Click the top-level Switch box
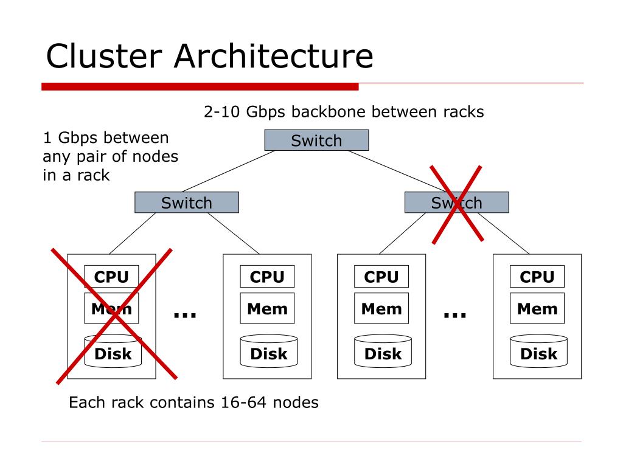[316, 140]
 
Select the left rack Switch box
[187, 202]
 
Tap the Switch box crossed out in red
[456, 202]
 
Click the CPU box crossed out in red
[111, 277]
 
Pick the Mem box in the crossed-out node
[111, 308]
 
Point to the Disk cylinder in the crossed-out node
[113, 351]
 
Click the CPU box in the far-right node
[537, 277]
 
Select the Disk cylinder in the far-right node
[539, 351]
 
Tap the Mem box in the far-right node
[537, 308]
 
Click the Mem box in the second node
[268, 308]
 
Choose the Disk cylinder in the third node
[383, 351]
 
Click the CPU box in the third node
[381, 277]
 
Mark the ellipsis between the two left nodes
[185, 316]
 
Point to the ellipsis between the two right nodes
[455, 316]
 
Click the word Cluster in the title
[105, 56]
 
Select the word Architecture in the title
[274, 56]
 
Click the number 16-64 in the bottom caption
[243, 403]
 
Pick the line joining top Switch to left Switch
[229, 171]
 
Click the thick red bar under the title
[200, 86]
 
